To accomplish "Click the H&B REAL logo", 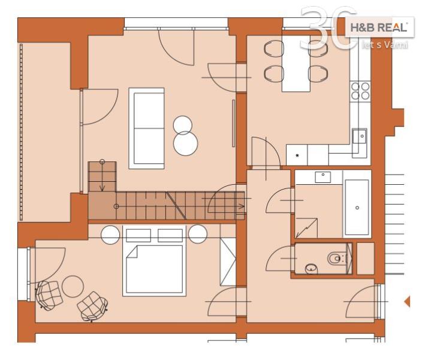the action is coord(379,27).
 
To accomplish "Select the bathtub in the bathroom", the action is coord(357,207).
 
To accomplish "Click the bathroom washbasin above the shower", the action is coord(323,177).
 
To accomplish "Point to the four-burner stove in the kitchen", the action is coord(360,91).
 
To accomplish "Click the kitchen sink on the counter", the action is coord(360,136).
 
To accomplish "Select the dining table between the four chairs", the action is coord(296,64).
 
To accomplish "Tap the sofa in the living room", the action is coord(146,128).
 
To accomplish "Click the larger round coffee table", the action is coord(185,143).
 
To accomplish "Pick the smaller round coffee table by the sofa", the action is coord(183,125).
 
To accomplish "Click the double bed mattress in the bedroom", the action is coord(154,269).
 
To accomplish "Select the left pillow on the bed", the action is coord(138,235).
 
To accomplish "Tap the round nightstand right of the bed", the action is coord(198,234).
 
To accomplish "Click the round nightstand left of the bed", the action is coord(110,235).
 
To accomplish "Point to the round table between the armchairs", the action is coord(73,286).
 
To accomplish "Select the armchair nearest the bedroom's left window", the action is coord(49,295).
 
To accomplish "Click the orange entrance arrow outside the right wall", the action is coord(407,301).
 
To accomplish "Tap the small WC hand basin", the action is coord(312,269).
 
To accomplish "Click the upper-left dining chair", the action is coord(274,49).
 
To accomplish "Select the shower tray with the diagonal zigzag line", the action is coord(306,228).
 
